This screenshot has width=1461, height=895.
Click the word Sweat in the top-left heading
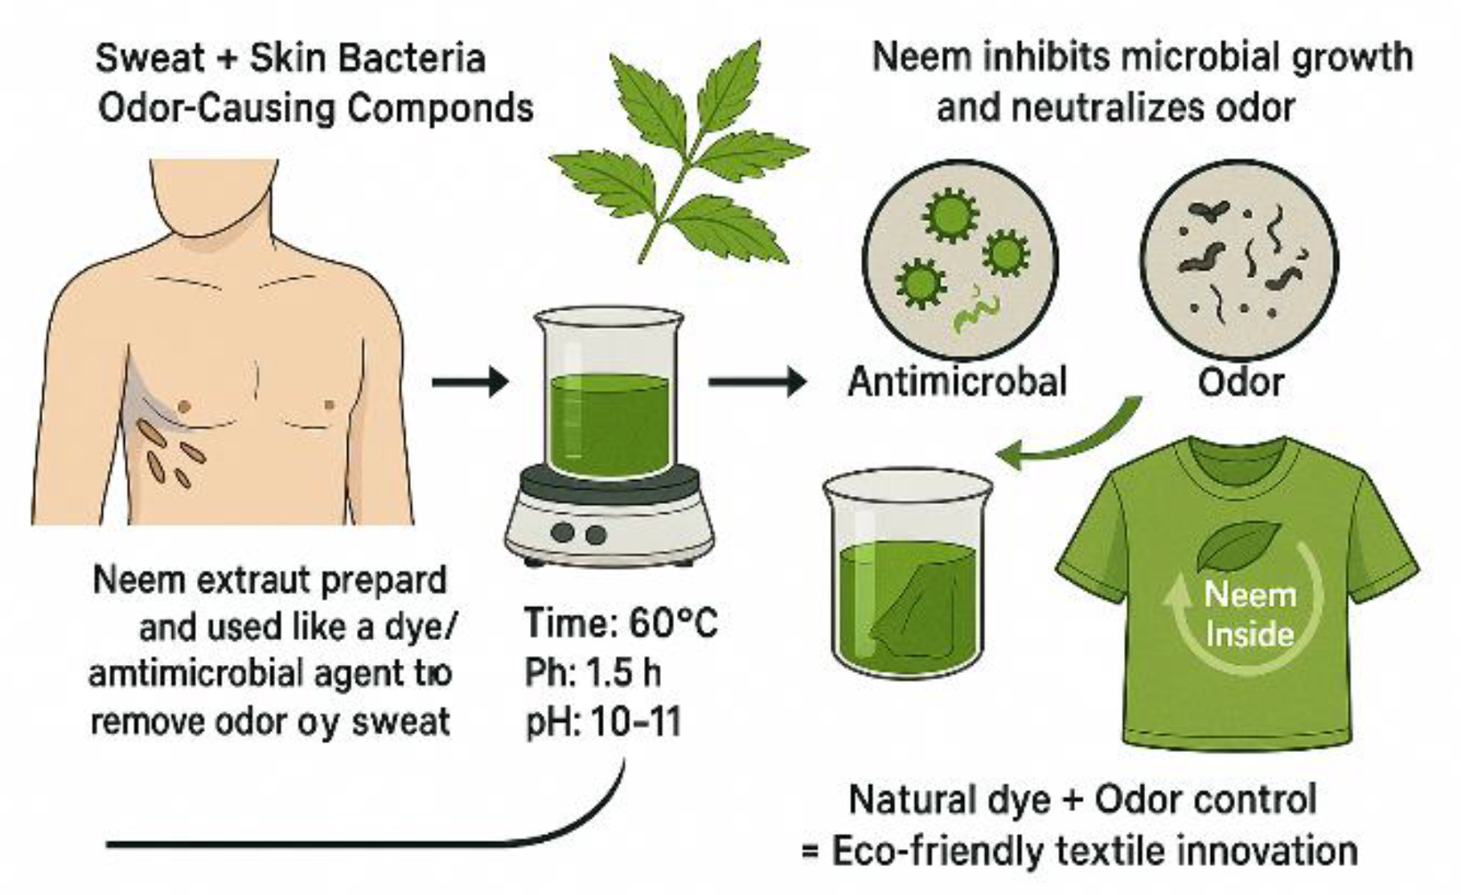(150, 59)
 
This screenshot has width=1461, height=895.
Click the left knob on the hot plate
(563, 532)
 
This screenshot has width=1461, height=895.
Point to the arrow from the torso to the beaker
(470, 381)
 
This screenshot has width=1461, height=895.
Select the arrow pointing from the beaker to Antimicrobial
(756, 381)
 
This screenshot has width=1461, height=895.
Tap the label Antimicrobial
(957, 381)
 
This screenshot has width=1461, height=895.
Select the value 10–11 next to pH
(635, 722)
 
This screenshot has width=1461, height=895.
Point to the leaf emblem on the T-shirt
(1238, 547)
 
